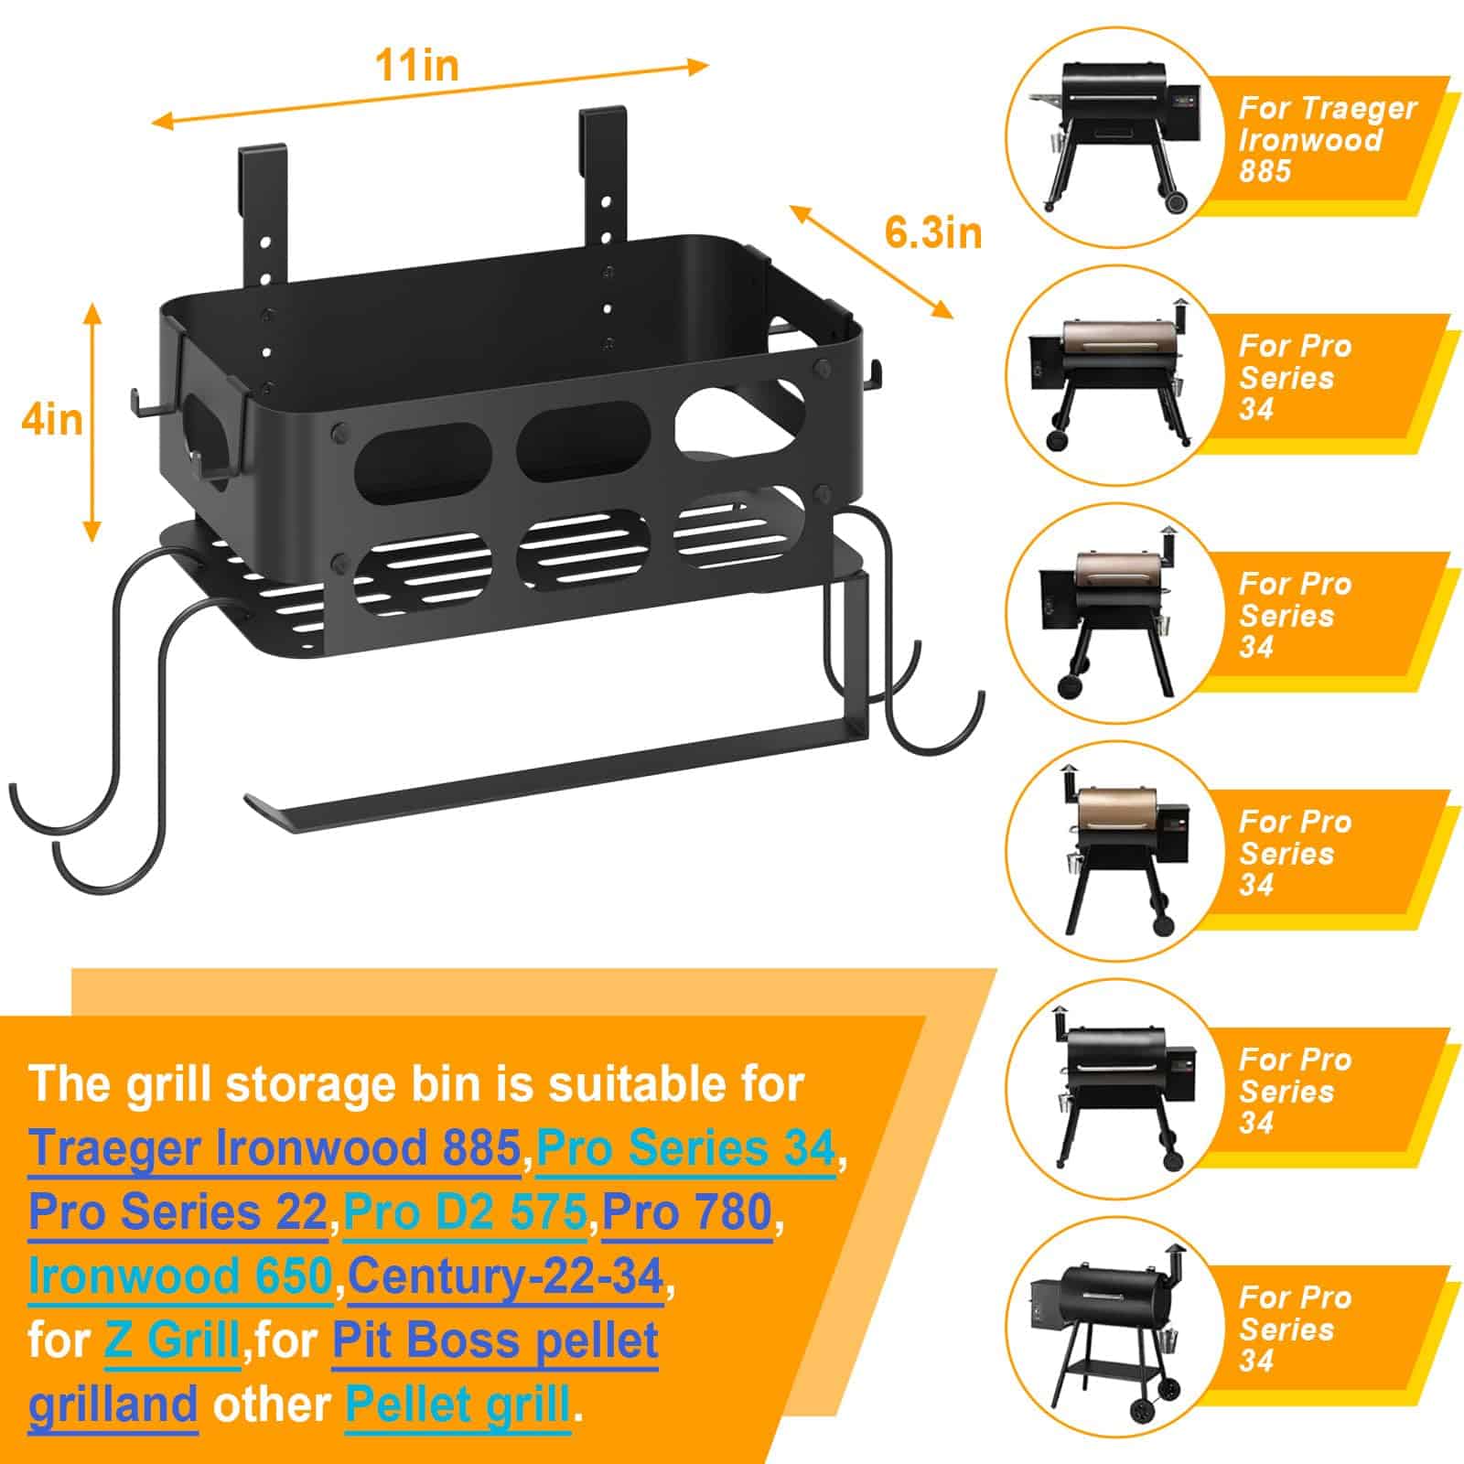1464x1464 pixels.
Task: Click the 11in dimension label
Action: pyautogui.click(x=416, y=66)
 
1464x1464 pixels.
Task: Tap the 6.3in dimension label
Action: pyautogui.click(x=932, y=232)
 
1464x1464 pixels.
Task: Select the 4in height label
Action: pyautogui.click(x=52, y=420)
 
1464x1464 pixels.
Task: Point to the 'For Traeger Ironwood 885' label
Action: pyautogui.click(x=1327, y=139)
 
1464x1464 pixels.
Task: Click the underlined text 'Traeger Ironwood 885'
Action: pyautogui.click(x=274, y=1149)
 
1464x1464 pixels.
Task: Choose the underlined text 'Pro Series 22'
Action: pyautogui.click(x=178, y=1213)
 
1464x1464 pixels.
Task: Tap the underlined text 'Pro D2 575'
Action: pyautogui.click(x=466, y=1213)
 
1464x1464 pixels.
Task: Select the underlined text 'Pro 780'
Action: pyautogui.click(x=687, y=1213)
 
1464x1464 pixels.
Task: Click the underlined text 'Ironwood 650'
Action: pyautogui.click(x=180, y=1277)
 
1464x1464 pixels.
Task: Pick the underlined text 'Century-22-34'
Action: pyautogui.click(x=506, y=1277)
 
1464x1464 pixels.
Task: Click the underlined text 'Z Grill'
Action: pyautogui.click(x=172, y=1341)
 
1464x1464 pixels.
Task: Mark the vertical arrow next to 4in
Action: pyautogui.click(x=91, y=421)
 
